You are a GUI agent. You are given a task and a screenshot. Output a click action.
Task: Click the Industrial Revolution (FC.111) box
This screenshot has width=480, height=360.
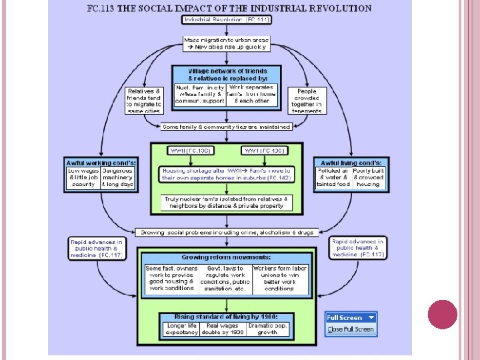[227, 20]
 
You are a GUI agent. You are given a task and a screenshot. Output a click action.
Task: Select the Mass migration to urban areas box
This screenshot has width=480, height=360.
[227, 43]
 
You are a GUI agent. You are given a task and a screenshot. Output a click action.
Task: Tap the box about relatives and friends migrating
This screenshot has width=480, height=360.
[143, 100]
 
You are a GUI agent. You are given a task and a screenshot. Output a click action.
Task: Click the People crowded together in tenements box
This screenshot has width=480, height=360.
[307, 100]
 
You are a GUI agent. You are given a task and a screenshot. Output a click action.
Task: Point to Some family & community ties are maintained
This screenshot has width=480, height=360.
[227, 127]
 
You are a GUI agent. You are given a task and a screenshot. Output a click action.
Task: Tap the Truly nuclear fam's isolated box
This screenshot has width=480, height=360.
[227, 203]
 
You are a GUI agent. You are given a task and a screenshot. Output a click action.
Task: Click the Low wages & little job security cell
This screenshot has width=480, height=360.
[83, 177]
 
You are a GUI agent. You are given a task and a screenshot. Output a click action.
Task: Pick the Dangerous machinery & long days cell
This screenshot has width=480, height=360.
[118, 177]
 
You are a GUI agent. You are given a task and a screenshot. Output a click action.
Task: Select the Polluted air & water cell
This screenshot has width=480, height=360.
[333, 177]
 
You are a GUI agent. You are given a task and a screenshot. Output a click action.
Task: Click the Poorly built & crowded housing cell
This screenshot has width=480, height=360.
[369, 177]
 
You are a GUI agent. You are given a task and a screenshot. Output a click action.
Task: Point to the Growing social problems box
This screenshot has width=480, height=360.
[227, 232]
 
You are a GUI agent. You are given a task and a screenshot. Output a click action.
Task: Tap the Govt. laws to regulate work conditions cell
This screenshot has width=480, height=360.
[227, 279]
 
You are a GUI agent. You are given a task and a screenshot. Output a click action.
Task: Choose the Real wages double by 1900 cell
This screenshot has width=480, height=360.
[227, 329]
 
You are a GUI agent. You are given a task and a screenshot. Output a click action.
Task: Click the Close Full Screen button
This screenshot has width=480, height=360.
[351, 329]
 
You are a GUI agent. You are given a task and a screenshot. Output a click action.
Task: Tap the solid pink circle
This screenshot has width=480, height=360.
[441, 315]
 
